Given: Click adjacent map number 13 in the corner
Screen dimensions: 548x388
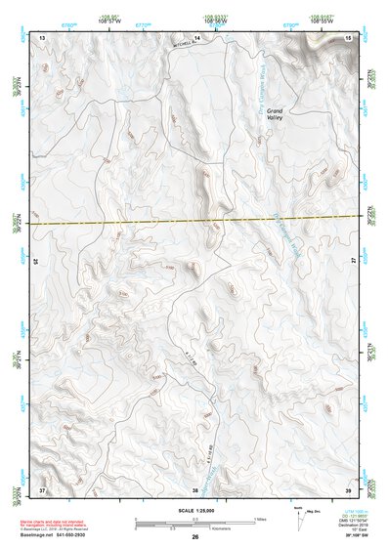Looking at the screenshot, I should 42,37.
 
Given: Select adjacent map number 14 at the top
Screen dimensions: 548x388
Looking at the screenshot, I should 196,37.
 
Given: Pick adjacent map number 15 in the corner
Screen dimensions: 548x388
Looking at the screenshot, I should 349,37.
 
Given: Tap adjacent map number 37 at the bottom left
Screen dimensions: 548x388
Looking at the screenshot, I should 42,488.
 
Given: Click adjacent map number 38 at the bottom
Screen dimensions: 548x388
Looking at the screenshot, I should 194,488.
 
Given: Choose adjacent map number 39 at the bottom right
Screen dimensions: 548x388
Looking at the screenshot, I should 349,488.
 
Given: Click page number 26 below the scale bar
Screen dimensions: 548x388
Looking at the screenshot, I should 195,538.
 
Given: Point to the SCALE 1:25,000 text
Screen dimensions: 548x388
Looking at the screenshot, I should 194,509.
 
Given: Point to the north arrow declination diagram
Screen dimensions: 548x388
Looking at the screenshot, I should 299,518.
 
